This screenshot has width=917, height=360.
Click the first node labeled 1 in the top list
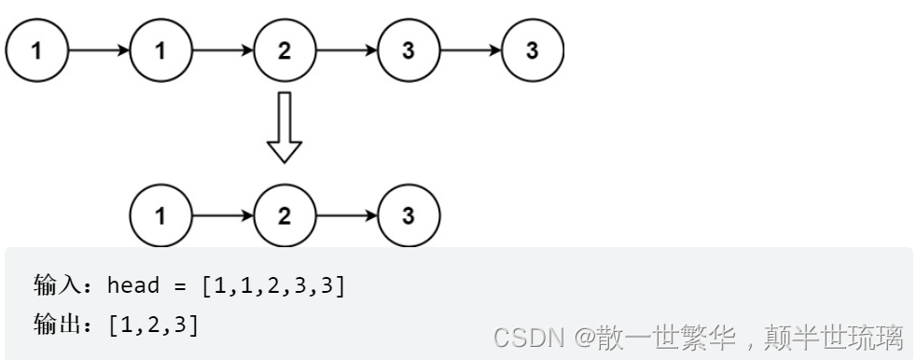[x=36, y=49]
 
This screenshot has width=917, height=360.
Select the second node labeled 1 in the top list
[x=160, y=49]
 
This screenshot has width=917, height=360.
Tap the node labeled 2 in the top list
[x=285, y=49]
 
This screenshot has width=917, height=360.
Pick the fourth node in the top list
[x=409, y=49]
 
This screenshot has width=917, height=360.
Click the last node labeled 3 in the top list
[x=533, y=49]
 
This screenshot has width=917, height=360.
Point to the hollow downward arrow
[x=285, y=127]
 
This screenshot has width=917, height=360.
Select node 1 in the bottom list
[x=160, y=216]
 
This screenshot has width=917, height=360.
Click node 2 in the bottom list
[x=285, y=216]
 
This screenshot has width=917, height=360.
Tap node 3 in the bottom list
[x=409, y=216]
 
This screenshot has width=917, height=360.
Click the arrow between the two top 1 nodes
[x=99, y=49]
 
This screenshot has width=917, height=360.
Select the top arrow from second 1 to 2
[x=223, y=49]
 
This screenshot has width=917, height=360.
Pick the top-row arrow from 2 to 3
[x=347, y=49]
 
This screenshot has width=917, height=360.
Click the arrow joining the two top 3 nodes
[x=471, y=49]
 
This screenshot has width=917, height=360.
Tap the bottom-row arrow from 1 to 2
[x=223, y=216]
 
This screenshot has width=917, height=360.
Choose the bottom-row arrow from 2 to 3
[x=347, y=216]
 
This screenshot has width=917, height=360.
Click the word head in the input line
[x=133, y=284]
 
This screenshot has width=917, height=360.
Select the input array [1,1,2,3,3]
[x=273, y=284]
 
